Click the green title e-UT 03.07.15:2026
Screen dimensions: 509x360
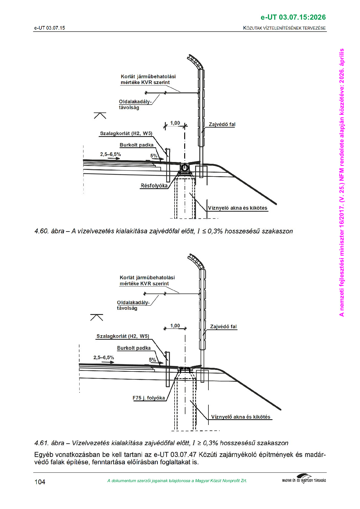(x=293, y=17)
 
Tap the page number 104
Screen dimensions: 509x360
(x=40, y=482)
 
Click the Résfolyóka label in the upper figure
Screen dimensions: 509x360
(x=154, y=186)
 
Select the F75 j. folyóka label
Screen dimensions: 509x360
(x=149, y=398)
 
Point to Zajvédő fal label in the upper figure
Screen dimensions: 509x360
(x=222, y=124)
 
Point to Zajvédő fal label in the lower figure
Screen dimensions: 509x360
(x=223, y=326)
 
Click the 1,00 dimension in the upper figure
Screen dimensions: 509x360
(x=175, y=123)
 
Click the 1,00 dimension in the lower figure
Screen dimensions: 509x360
(x=175, y=326)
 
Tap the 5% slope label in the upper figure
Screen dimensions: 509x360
(x=154, y=156)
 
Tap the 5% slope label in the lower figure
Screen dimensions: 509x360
(x=152, y=360)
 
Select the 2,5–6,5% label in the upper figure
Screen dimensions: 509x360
(x=110, y=154)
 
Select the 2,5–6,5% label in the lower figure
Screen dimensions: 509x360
(x=103, y=358)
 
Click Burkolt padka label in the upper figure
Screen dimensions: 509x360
(x=136, y=145)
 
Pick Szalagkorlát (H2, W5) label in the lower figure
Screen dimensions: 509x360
(x=123, y=336)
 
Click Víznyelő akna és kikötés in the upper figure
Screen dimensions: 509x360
(x=237, y=208)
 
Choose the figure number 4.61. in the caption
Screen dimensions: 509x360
(x=42, y=443)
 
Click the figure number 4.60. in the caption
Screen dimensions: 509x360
(x=42, y=231)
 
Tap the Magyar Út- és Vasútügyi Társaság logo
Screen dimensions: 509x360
(x=304, y=480)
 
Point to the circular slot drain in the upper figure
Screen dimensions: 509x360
(x=185, y=167)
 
